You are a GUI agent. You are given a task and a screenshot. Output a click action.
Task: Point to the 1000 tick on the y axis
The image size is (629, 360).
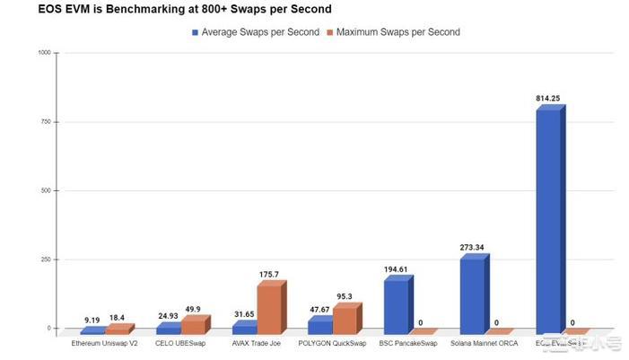44,53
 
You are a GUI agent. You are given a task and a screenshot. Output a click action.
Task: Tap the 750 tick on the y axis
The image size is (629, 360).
46,122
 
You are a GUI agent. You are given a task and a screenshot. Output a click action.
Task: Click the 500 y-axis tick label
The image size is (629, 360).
46,191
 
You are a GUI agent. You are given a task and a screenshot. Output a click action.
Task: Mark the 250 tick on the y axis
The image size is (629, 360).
46,259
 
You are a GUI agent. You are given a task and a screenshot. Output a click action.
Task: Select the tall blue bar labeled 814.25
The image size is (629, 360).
550,220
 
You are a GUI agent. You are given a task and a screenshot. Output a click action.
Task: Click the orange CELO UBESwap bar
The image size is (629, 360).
194,324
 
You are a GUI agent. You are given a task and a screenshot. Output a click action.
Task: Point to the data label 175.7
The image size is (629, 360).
270,275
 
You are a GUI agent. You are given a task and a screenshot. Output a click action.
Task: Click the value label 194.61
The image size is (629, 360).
396,268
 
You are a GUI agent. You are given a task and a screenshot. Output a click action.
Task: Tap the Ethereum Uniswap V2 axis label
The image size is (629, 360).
105,343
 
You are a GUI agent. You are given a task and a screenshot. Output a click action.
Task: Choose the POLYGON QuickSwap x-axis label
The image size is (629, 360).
333,343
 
